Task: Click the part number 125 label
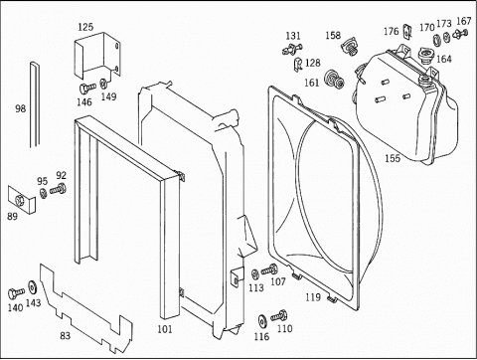pyautogui.click(x=85, y=27)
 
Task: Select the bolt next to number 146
pyautogui.click(x=87, y=89)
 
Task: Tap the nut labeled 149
pyautogui.click(x=103, y=83)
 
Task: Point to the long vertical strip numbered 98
pyautogui.click(x=35, y=104)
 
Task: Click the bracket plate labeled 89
pyautogui.click(x=21, y=200)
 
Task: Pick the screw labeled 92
pyautogui.click(x=59, y=189)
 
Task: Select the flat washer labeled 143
pyautogui.click(x=33, y=287)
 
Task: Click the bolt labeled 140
pyautogui.click(x=16, y=293)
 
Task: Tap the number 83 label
pyautogui.click(x=66, y=336)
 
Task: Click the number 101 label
pyautogui.click(x=165, y=329)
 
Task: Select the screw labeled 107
pyautogui.click(x=269, y=270)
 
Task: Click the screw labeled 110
pyautogui.click(x=279, y=316)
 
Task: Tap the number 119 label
pyautogui.click(x=313, y=297)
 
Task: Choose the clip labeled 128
pyautogui.click(x=298, y=64)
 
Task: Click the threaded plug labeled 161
pyautogui.click(x=335, y=80)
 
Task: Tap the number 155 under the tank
pyautogui.click(x=393, y=158)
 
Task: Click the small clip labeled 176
pyautogui.click(x=407, y=32)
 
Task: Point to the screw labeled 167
pyautogui.click(x=460, y=34)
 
